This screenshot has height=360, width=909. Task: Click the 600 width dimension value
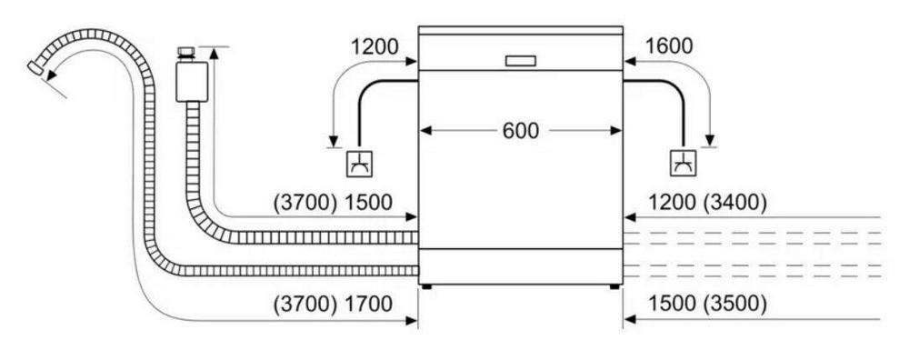coord(520,131)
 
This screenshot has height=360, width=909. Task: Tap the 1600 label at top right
coord(668,46)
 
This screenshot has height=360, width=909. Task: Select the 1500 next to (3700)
coord(369,203)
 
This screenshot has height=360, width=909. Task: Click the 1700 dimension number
coord(369,304)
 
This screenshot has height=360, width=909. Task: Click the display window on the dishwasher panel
coord(520,61)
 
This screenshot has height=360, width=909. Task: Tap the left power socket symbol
coord(359,164)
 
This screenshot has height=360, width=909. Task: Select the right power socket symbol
coord(683,164)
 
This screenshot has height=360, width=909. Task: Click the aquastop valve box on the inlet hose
coord(191,82)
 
